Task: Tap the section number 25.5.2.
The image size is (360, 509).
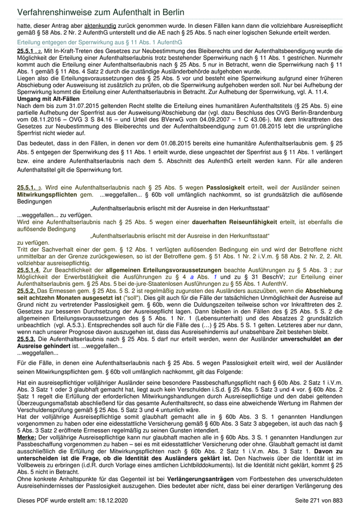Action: (x=26, y=290)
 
